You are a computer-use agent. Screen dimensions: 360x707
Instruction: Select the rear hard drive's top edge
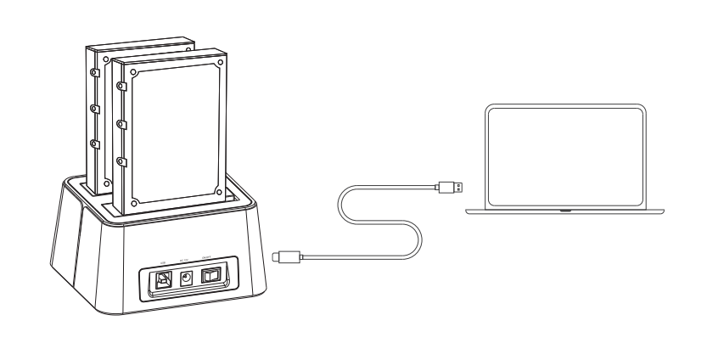pos(144,42)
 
